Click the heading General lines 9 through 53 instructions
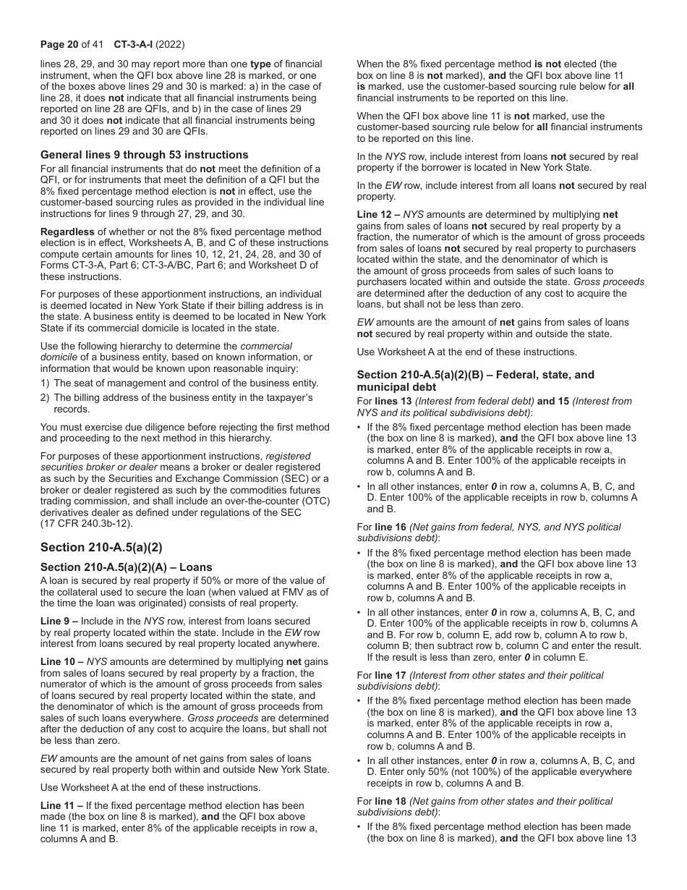144,155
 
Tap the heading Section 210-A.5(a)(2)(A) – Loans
127,567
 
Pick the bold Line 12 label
376,215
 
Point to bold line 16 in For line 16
391,527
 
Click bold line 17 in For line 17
391,675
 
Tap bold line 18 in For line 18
391,801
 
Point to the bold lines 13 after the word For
393,401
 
